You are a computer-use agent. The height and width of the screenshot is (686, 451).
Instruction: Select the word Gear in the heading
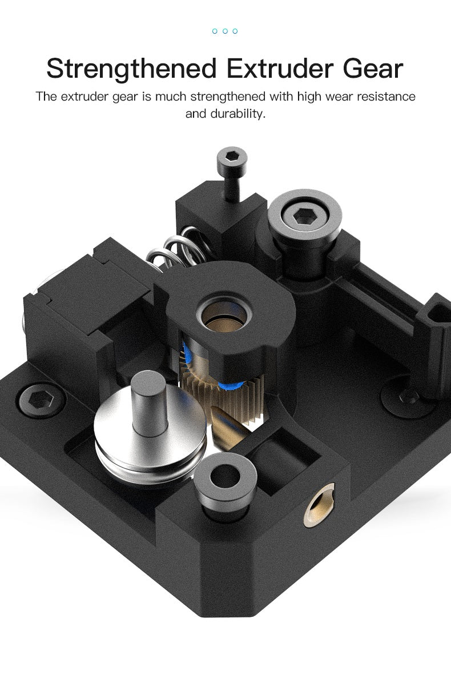pyautogui.click(x=373, y=69)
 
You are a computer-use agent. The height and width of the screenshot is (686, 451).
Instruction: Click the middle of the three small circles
pyautogui.click(x=225, y=31)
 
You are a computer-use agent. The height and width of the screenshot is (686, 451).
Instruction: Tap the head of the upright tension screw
pyautogui.click(x=232, y=157)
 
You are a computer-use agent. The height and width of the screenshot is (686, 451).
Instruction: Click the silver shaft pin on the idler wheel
pyautogui.click(x=149, y=402)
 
